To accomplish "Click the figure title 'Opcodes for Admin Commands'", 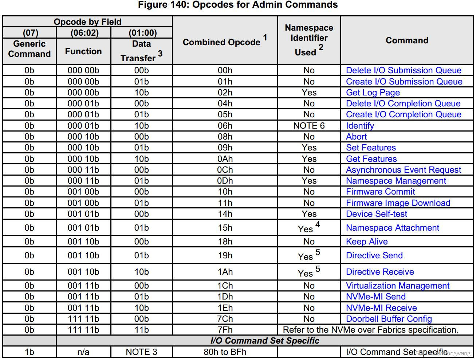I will [238, 5].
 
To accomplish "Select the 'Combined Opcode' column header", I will [221, 42].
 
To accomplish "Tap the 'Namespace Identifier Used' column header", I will [308, 40].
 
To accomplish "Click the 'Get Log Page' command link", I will [373, 93].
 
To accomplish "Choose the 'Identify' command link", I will [360, 126].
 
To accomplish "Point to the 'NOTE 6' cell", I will [309, 126].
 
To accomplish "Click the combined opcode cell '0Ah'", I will [225, 159].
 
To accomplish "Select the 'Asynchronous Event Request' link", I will [403, 170].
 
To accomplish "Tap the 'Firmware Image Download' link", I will [398, 203].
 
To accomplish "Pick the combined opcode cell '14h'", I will [225, 214].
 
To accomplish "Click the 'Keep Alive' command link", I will [367, 242].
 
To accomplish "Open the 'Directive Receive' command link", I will [380, 272].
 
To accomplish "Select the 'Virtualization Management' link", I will [397, 286].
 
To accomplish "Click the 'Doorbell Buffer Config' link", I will [389, 319].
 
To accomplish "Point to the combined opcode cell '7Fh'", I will [225, 330].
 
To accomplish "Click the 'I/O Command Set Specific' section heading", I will [265, 341].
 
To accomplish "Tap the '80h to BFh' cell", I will [225, 352].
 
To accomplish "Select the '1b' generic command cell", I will [29, 352].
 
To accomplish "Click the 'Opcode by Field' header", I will [87, 22].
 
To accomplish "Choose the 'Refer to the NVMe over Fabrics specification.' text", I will [370, 330].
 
